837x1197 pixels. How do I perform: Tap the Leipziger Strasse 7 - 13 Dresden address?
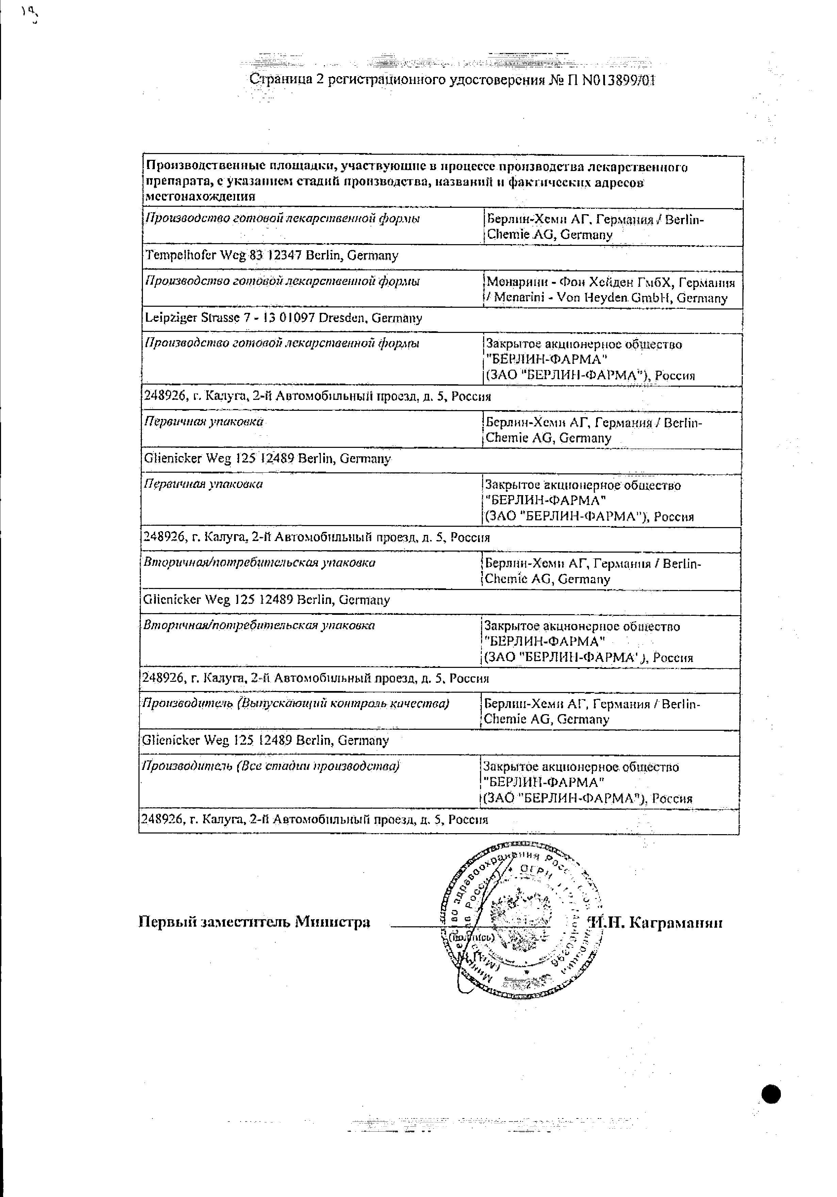coord(283,318)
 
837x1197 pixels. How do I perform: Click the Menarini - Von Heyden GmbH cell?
coord(610,290)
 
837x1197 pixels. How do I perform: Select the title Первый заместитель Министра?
coord(254,922)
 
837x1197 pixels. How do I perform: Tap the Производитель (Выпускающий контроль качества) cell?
coord(295,703)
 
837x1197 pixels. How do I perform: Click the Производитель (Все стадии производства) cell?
coord(270,766)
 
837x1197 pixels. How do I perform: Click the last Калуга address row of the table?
coord(314,820)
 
